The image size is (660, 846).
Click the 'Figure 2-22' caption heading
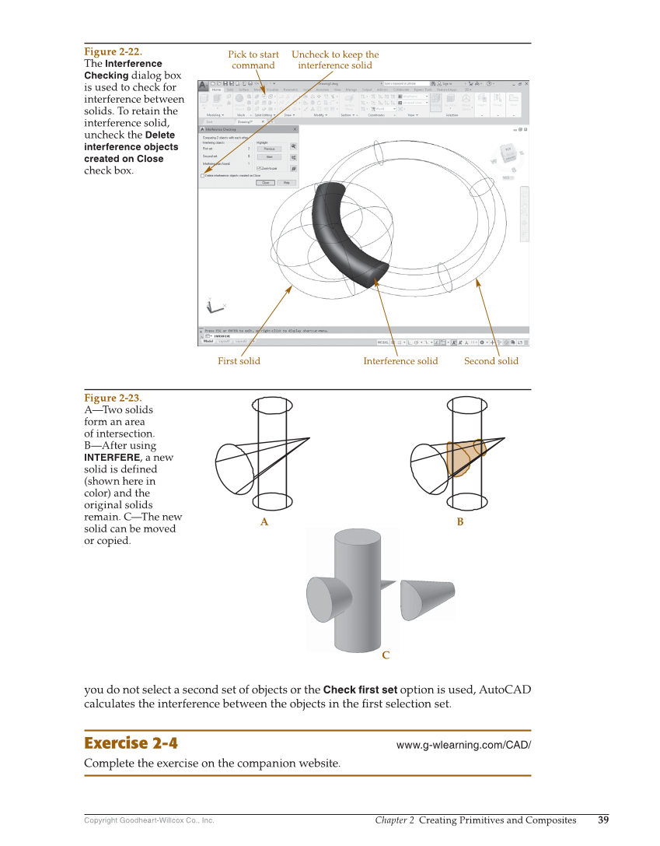coord(112,52)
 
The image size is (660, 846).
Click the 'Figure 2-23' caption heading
coord(113,398)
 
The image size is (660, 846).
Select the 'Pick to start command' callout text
coord(253,60)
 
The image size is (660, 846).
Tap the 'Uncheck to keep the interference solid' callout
coord(335,60)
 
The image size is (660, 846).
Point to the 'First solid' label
coord(239,361)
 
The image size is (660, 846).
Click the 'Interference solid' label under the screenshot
coord(400,361)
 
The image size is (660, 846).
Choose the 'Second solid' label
coord(491,361)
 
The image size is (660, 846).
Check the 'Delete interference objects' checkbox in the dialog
coord(203,176)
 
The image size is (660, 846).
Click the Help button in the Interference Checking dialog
coord(287,183)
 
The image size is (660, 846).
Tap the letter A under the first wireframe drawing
coord(264,522)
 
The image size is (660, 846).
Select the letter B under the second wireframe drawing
coord(460,522)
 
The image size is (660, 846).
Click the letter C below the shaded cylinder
coord(386,655)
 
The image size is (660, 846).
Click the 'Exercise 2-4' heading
coord(131,743)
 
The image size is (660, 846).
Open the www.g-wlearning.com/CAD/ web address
coord(463,745)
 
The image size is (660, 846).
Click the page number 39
coord(603,820)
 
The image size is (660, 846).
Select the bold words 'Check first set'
coord(360,690)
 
